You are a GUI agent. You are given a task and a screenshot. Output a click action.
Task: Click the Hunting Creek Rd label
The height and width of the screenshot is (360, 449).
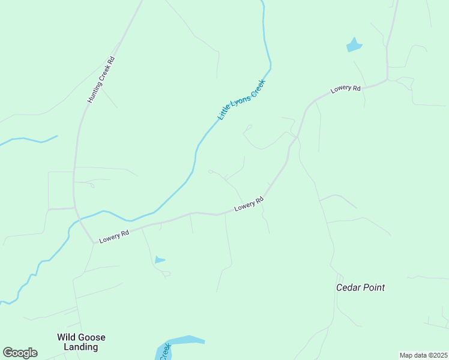click(x=101, y=79)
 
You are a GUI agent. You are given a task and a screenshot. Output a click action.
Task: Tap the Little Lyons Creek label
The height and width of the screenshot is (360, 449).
click(x=241, y=99)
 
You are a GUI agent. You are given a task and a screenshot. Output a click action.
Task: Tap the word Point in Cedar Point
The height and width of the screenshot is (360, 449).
click(x=373, y=287)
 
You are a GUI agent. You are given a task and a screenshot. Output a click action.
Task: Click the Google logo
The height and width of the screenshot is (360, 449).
click(x=20, y=353)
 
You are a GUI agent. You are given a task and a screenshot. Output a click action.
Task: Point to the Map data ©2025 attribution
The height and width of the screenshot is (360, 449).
click(x=423, y=355)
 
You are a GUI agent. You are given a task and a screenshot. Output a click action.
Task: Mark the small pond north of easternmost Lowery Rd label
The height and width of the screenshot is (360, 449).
click(x=354, y=45)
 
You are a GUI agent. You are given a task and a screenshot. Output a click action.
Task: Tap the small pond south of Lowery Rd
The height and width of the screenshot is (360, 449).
click(x=159, y=260)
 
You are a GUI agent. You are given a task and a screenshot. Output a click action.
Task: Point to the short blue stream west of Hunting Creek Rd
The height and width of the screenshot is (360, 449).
click(x=30, y=140)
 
